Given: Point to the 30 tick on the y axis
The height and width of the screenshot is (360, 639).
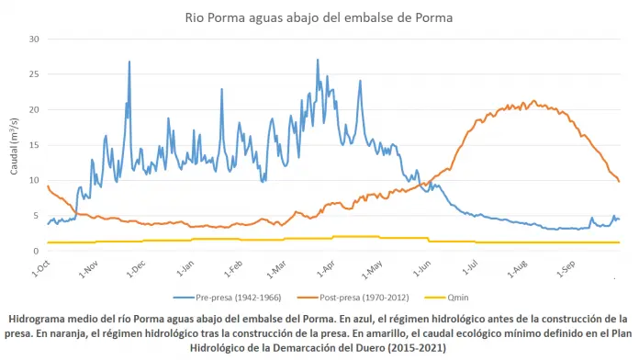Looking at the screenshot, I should [x=34, y=39].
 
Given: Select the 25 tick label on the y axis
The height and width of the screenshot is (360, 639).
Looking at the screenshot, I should [x=34, y=74].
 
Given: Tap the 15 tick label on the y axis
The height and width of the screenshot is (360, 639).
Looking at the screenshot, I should [x=34, y=145].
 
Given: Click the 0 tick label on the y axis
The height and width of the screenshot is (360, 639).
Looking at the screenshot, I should [x=37, y=251].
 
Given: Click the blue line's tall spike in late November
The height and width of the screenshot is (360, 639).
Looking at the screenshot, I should [x=129, y=62].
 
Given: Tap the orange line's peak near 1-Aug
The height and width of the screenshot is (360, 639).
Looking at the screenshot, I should [x=533, y=101].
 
